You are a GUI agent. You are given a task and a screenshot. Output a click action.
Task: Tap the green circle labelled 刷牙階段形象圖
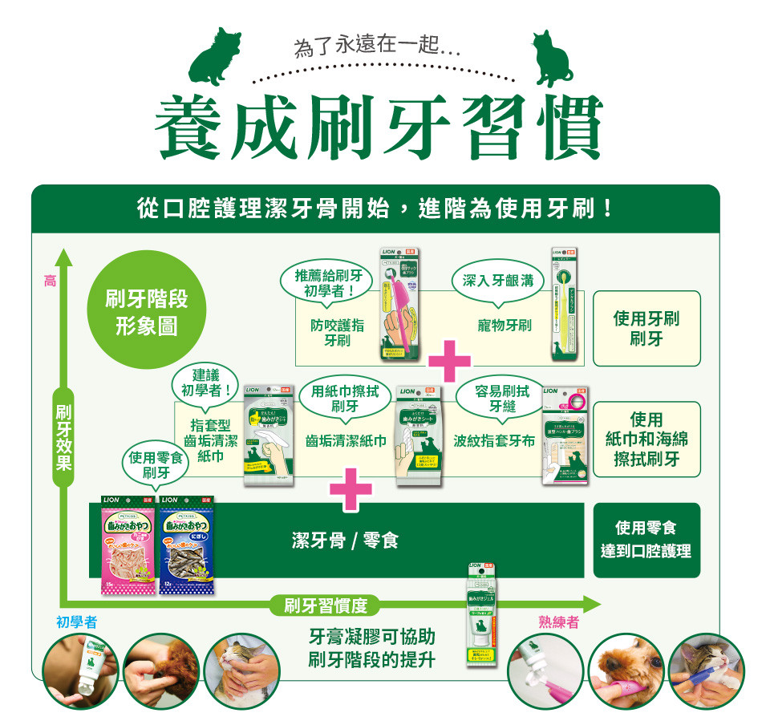click(147, 314)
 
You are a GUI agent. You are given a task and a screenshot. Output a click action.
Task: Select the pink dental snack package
click(128, 545)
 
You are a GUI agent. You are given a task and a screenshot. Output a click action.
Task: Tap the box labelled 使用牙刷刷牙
click(646, 328)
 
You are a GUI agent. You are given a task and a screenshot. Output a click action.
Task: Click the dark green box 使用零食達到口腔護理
click(646, 540)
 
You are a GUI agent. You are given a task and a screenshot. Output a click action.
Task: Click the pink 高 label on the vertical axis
click(50, 281)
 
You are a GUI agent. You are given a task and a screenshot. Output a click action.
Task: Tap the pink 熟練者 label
click(560, 622)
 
